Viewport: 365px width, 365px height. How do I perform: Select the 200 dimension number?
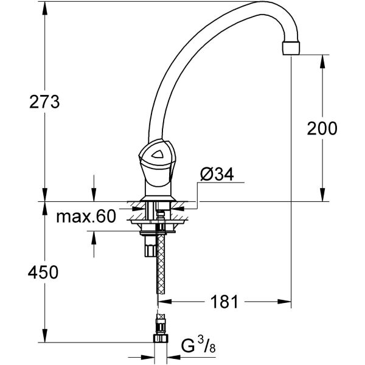[322, 128]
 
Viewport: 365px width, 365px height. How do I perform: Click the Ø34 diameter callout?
[216, 175]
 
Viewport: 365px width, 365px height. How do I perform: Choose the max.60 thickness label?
[86, 218]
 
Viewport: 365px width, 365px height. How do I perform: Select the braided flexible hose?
[161, 268]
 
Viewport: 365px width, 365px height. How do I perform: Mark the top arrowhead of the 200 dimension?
[321, 57]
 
